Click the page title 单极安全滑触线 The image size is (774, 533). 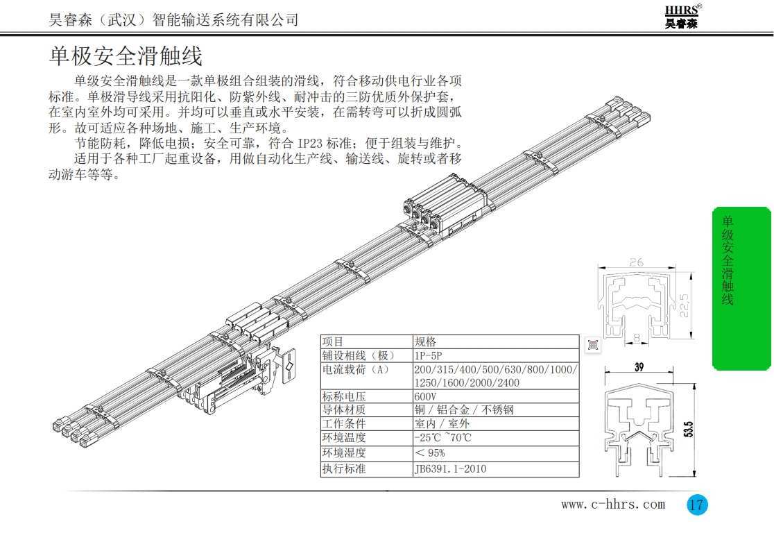[x=126, y=56]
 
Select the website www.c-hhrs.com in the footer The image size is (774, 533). [x=612, y=505]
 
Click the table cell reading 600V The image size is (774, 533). [x=425, y=396]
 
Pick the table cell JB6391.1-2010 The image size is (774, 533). [x=450, y=468]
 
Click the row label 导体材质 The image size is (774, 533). [x=344, y=410]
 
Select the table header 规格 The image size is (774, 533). [x=425, y=341]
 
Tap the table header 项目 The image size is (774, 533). [x=334, y=341]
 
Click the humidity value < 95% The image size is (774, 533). [x=430, y=453]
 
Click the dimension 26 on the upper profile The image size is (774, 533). [x=637, y=262]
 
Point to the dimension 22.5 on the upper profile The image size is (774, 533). [x=687, y=303]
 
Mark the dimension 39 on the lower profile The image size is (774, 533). [x=639, y=368]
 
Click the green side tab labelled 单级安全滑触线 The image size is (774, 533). [x=741, y=288]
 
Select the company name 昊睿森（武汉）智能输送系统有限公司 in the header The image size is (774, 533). [x=173, y=20]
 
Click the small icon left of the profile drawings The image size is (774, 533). [x=593, y=345]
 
